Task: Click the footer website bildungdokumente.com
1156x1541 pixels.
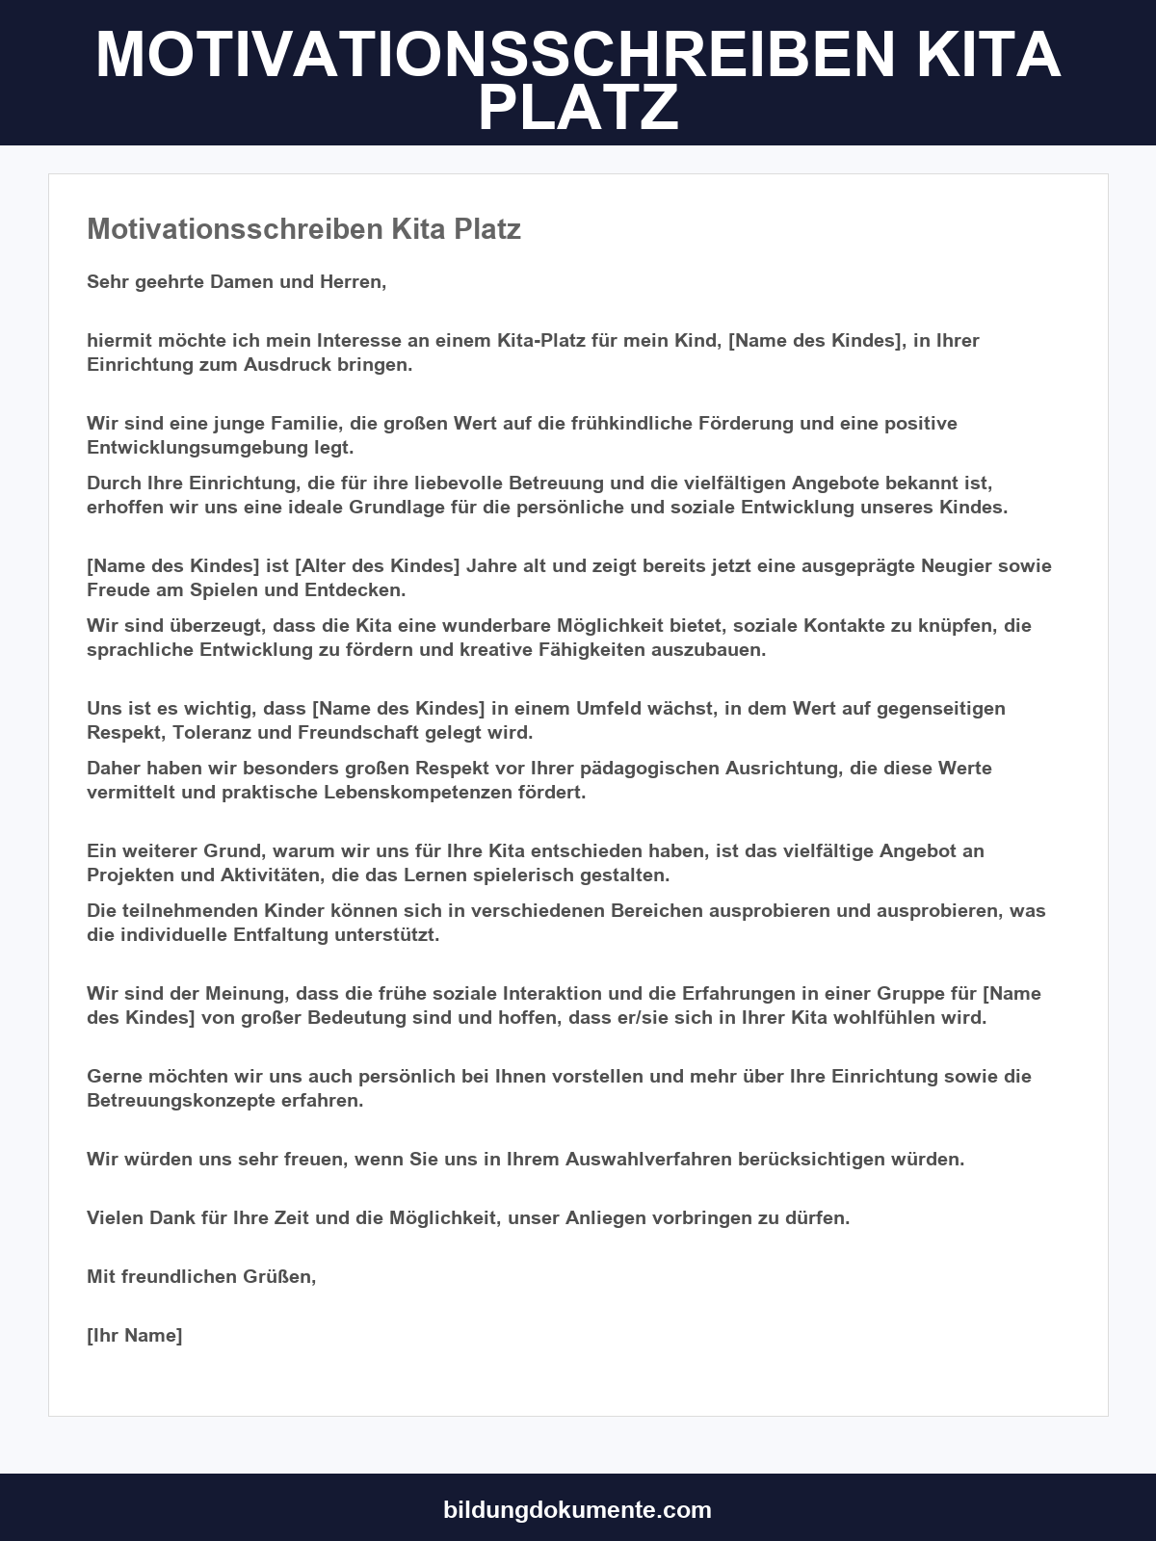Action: [x=578, y=1509]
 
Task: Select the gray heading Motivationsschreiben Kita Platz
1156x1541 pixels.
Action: [x=303, y=229]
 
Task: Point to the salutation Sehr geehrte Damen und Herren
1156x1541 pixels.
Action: [x=236, y=282]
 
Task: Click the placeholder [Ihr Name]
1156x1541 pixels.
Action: [x=134, y=1335]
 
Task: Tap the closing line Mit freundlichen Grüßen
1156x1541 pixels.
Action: [x=201, y=1276]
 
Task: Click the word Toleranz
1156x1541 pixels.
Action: [x=214, y=732]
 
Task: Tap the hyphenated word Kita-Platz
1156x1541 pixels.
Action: [x=544, y=340]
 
